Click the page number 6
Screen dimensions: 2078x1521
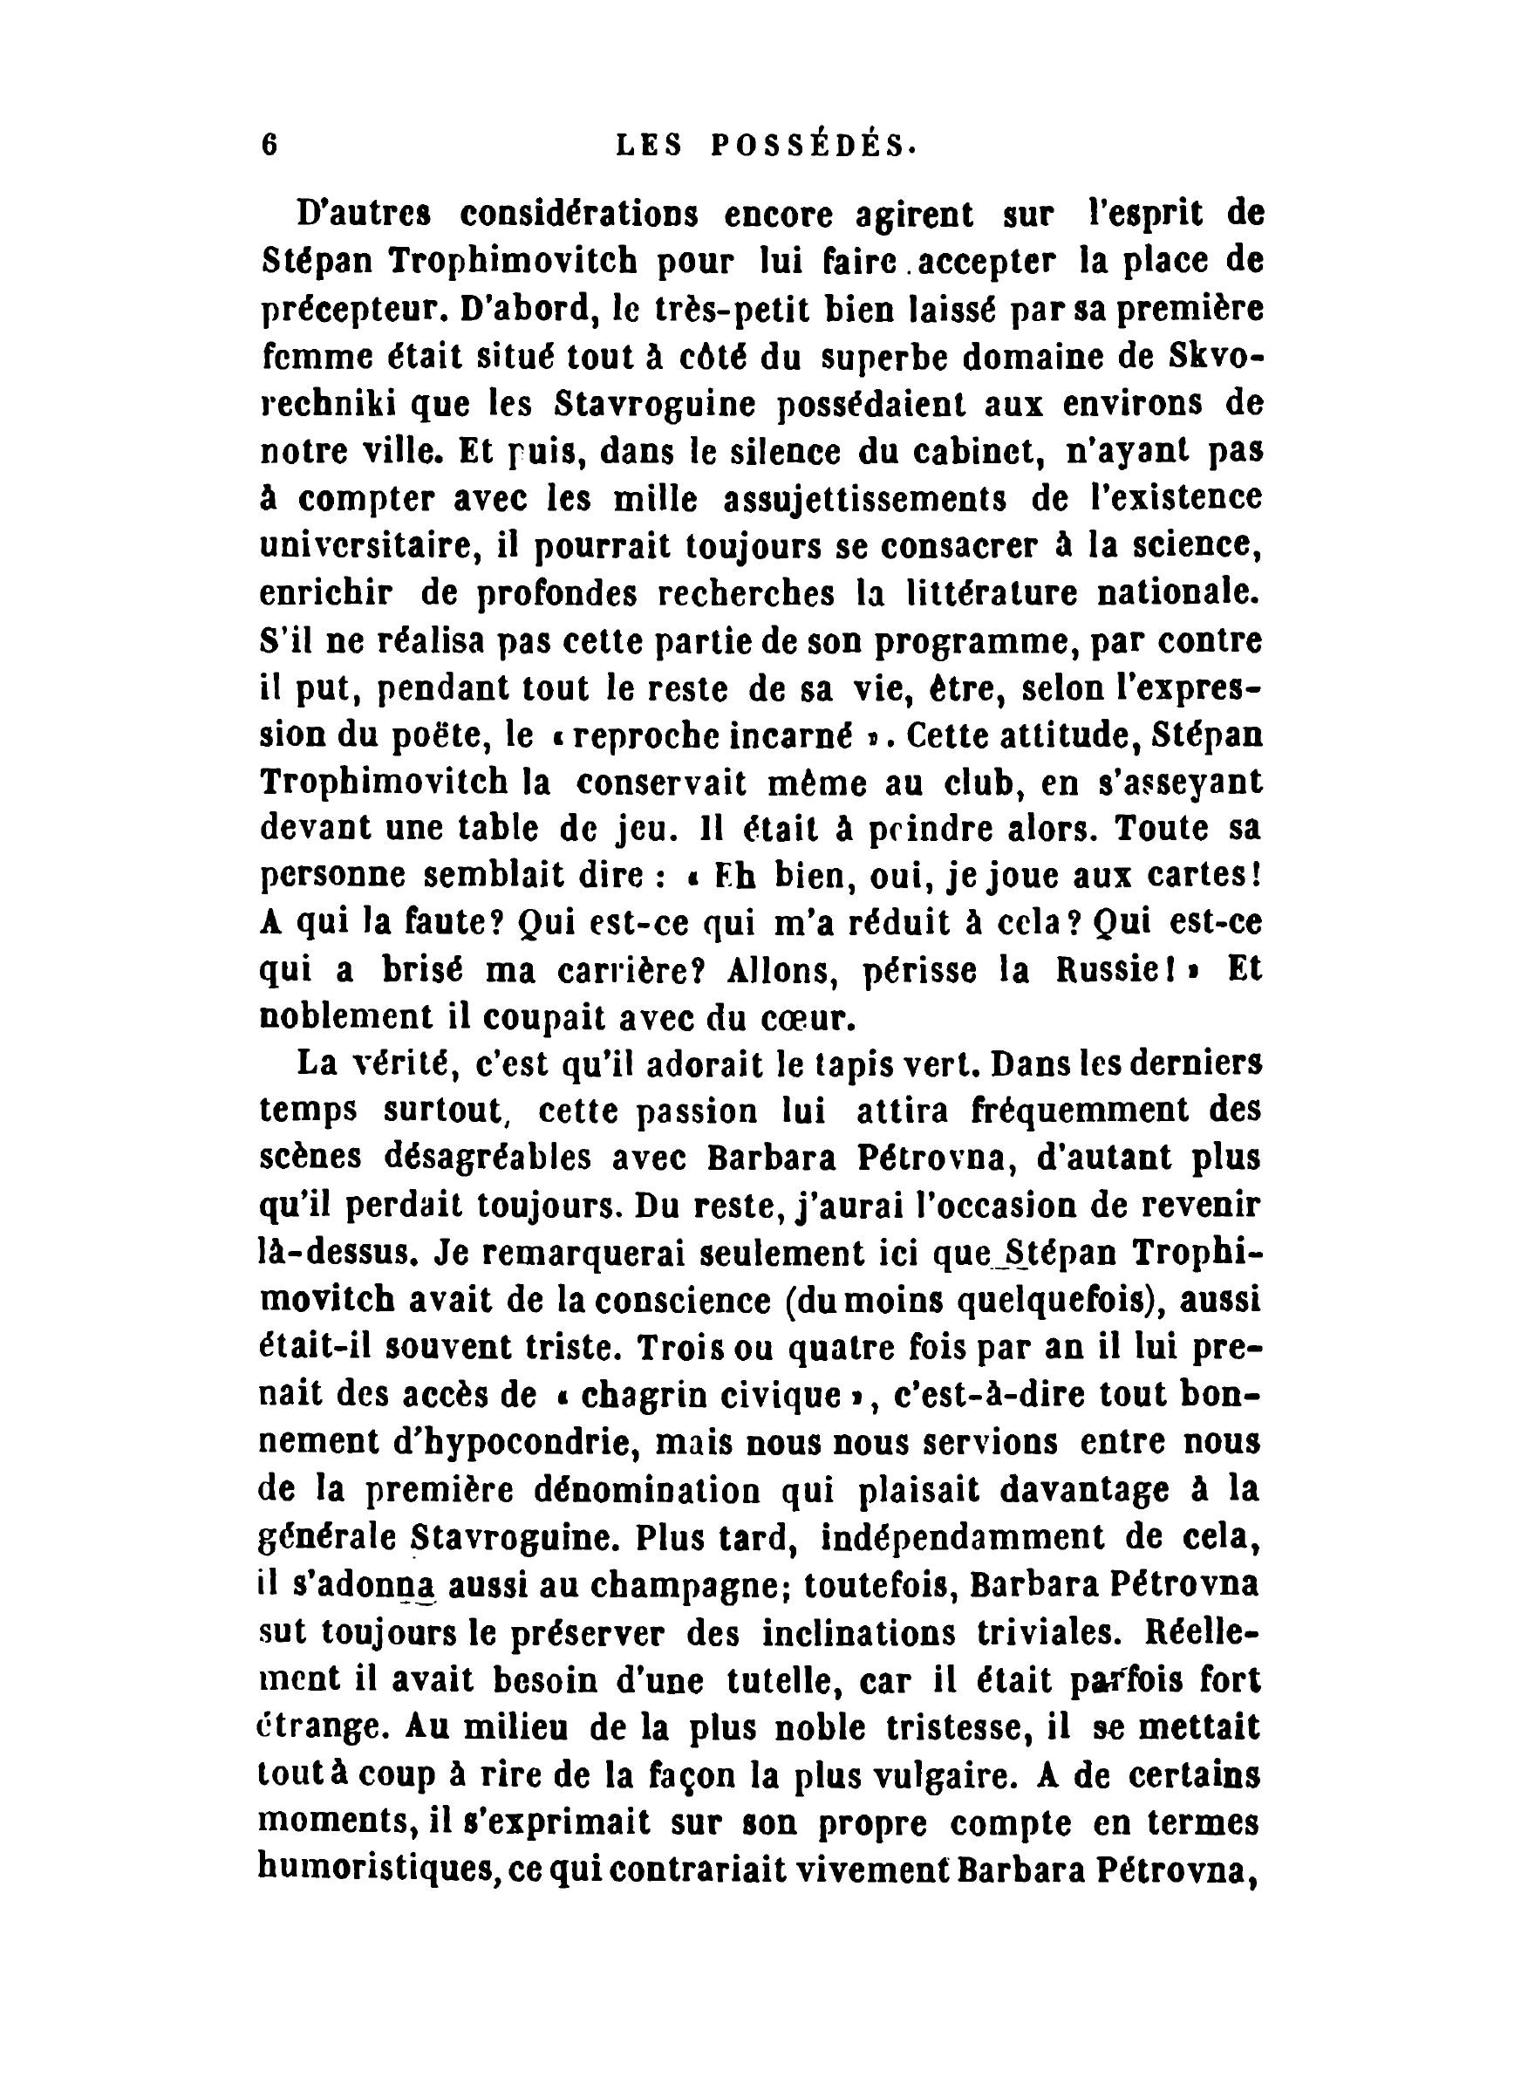269,146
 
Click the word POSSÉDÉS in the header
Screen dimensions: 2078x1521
814,146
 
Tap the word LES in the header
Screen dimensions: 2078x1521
649,146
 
